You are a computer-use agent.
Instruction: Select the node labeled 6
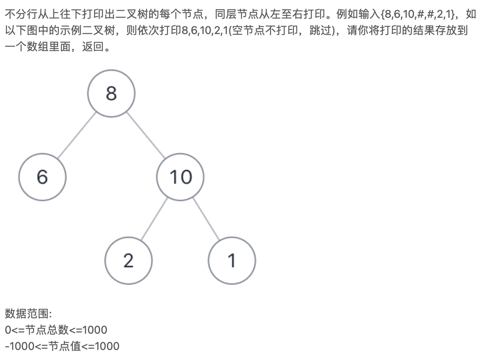click(x=42, y=177)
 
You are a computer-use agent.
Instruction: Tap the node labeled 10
click(x=180, y=177)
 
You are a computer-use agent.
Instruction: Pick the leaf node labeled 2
click(x=128, y=261)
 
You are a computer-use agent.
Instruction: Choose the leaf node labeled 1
click(x=232, y=261)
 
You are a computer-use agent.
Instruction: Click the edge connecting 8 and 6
click(x=76, y=135)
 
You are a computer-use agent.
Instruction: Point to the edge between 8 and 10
click(x=146, y=135)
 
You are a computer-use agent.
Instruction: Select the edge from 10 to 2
click(x=154, y=219)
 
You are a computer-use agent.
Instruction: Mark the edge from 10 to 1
click(x=206, y=219)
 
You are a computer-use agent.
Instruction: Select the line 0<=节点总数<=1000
click(x=56, y=330)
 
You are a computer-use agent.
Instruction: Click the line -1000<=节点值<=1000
click(x=62, y=346)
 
